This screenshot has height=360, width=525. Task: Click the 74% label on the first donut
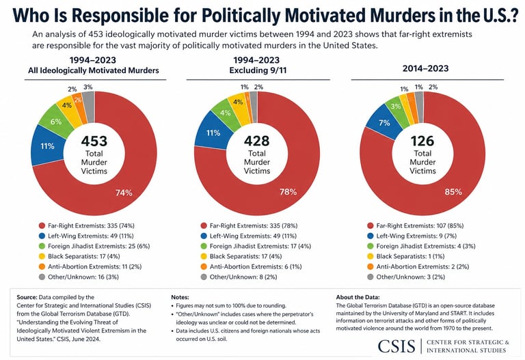pos(124,193)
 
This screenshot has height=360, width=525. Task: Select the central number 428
pos(257,141)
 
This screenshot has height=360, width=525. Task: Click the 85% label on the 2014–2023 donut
pos(453,192)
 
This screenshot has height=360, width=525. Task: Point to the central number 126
pos(422,141)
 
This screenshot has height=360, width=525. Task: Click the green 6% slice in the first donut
pos(55,122)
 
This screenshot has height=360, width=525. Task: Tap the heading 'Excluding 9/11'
pos(258,70)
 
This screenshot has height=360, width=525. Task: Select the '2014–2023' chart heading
pos(426,68)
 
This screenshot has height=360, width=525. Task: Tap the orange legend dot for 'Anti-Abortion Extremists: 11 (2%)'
pos(42,267)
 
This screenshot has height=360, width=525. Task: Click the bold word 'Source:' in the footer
pos(27,297)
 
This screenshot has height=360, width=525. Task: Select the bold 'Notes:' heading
pos(180,297)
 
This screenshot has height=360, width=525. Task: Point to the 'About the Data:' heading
pos(358,297)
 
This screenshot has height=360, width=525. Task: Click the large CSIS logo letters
pos(396,346)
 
